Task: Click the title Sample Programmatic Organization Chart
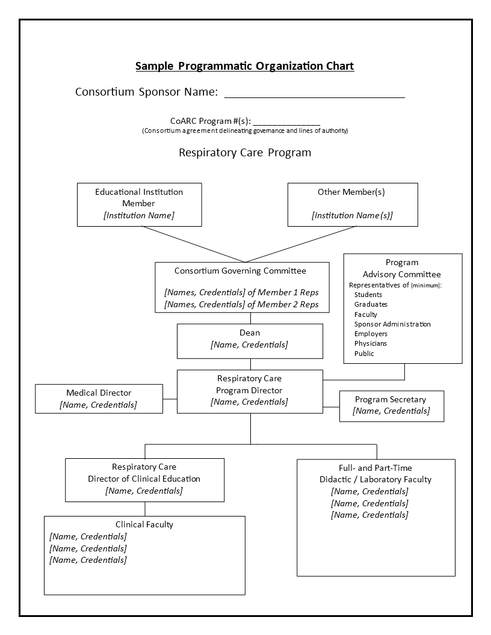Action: point(245,66)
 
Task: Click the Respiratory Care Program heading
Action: point(245,153)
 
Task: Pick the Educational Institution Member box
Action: point(140,204)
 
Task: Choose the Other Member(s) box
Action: point(353,204)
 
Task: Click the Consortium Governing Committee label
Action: point(240,271)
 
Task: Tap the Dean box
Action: point(250,341)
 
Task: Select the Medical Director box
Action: point(99,399)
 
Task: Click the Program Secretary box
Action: point(392,406)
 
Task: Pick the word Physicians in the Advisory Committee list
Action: point(370,343)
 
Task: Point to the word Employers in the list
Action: point(371,334)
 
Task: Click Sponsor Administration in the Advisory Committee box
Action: point(392,324)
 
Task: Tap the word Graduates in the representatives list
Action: point(371,304)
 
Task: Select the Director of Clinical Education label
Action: point(144,479)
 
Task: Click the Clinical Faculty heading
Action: point(144,524)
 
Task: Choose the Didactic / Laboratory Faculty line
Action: point(375,479)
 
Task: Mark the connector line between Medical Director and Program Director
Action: point(170,399)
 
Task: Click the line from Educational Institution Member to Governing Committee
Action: point(193,244)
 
